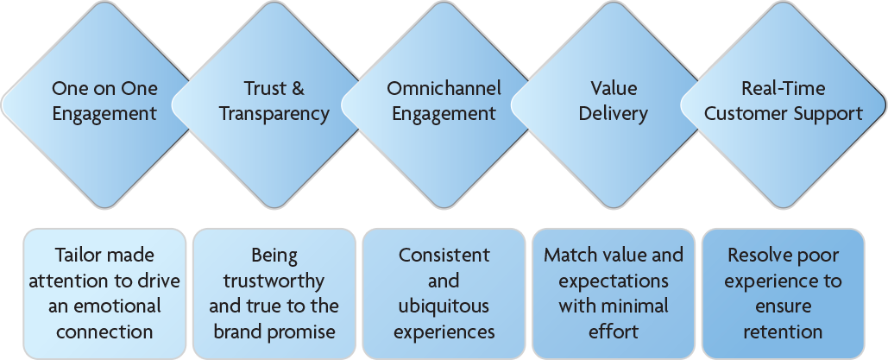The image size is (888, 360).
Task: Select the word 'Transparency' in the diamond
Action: coord(274,114)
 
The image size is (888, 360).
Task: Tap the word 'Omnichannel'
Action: coord(444,88)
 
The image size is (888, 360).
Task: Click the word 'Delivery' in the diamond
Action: coord(614,114)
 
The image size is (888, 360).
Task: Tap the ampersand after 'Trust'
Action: coord(299,88)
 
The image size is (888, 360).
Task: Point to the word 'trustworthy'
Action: coord(274,281)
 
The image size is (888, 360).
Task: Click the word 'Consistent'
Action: coord(444,256)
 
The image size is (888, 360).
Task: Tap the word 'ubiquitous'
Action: coord(444,307)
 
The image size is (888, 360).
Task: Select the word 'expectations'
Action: coord(614,281)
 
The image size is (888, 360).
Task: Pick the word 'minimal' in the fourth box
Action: coord(636,306)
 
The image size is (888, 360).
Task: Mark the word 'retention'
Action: coord(784,332)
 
